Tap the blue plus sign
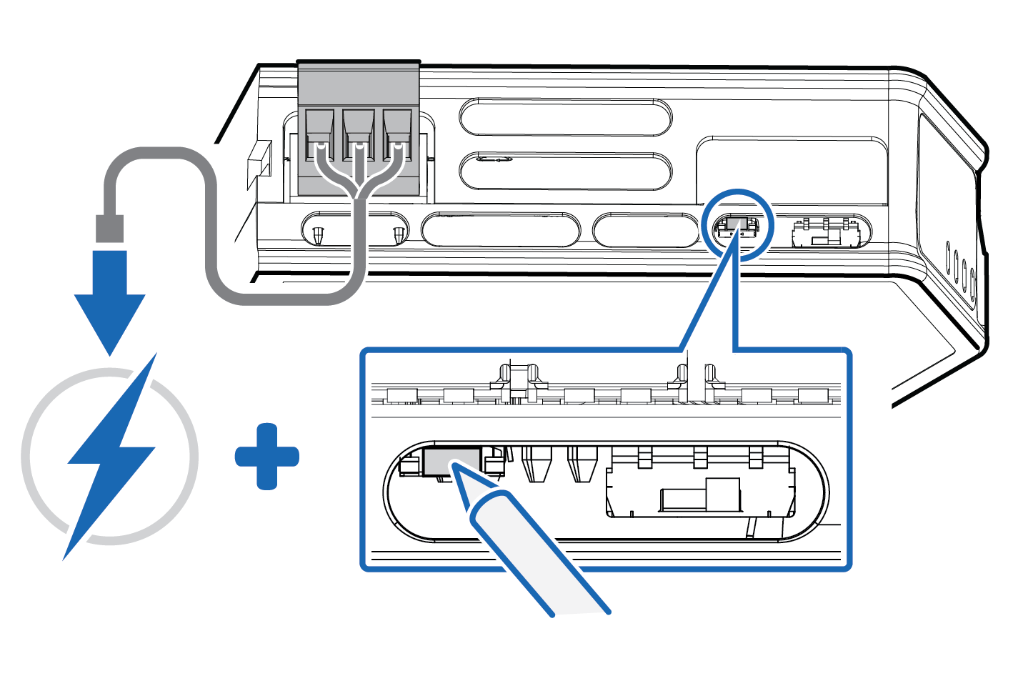click(267, 457)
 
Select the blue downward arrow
click(109, 300)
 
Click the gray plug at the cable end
click(109, 228)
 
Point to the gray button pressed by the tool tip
click(451, 462)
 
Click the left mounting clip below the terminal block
click(318, 234)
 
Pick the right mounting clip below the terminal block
click(399, 234)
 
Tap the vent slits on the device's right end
click(960, 269)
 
